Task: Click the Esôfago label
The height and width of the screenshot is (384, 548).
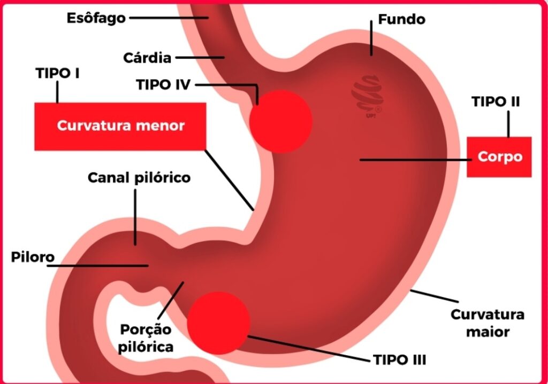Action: point(96,18)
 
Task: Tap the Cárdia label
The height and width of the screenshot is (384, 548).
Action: point(147,57)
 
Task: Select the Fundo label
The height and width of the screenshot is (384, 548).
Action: point(401,20)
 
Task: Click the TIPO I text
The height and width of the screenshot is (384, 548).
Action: point(58,73)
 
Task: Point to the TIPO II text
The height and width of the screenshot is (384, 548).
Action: point(496,101)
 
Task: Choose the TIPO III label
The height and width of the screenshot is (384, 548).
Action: point(399,359)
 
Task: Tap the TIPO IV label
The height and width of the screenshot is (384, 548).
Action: point(163,84)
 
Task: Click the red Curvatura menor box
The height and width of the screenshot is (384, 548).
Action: point(120,126)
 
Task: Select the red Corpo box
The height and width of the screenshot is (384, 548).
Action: point(499,157)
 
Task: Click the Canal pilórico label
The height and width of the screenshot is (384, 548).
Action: point(139,177)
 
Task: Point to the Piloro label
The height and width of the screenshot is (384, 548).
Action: point(33,257)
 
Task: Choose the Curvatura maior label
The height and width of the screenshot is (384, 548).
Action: point(487,323)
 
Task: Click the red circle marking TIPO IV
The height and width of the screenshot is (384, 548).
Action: point(280,121)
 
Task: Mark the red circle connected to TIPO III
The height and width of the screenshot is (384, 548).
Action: point(218,323)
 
